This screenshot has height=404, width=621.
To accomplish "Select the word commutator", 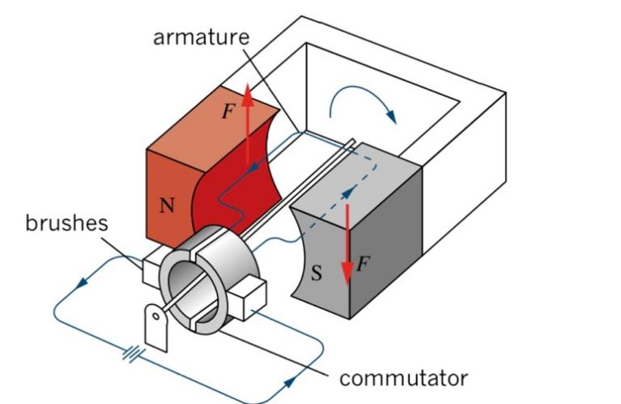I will [403, 377].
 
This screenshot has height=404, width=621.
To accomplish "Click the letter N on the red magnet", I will [166, 205].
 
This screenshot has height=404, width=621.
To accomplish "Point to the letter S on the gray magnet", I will [317, 274].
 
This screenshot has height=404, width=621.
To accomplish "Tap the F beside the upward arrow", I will [228, 112].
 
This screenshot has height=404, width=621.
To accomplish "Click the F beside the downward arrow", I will [361, 262].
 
